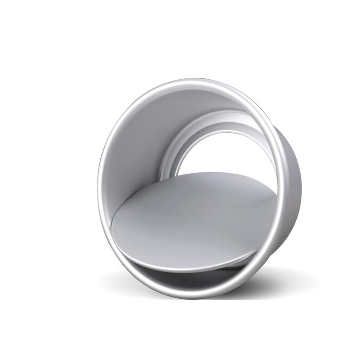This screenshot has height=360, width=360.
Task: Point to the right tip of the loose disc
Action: (276, 194)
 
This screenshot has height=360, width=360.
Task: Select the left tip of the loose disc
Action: (112, 230)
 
